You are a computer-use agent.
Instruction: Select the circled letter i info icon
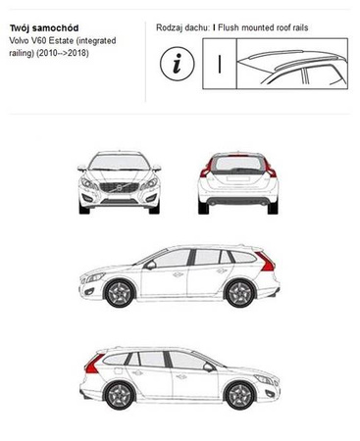click(x=177, y=66)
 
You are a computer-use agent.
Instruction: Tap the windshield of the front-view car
click(x=118, y=163)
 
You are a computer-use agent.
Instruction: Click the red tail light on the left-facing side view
click(x=265, y=263)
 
